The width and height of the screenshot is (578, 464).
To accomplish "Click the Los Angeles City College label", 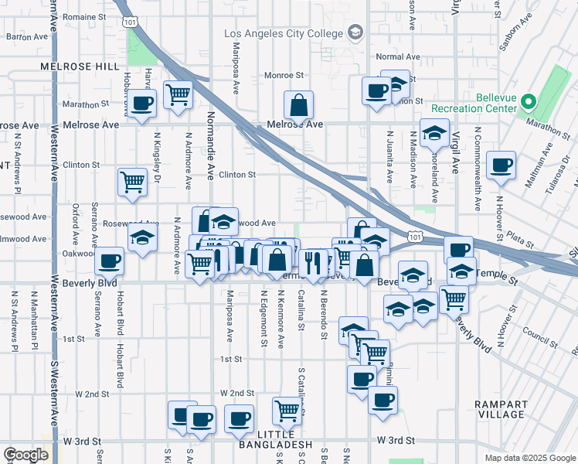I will (283, 33).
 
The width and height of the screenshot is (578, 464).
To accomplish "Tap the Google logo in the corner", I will (26, 455).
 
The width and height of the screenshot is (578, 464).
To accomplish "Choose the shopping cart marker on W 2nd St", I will (287, 410).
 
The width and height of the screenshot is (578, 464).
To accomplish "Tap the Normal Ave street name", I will (397, 56).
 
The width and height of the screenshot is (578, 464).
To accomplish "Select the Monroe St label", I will (284, 75).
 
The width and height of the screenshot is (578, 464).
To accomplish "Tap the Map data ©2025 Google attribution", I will (529, 458).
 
